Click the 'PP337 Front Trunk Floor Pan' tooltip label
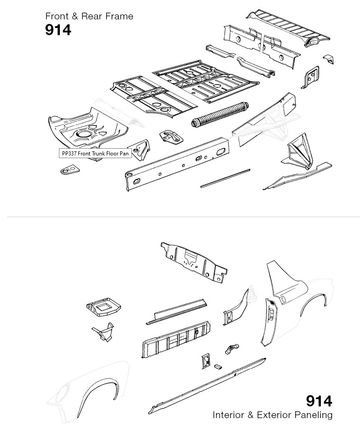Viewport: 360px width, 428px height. [95, 153]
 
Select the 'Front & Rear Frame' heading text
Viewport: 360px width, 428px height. [89, 16]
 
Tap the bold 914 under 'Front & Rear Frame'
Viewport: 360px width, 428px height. [58, 30]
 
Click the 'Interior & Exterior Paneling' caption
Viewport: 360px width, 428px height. [272, 415]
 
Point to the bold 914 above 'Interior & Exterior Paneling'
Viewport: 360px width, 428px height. [319, 401]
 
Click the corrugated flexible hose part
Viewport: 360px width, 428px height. [220, 114]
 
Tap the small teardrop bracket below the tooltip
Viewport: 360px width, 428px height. [70, 169]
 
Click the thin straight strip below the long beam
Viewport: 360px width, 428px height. [225, 178]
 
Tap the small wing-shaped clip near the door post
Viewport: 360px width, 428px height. [232, 349]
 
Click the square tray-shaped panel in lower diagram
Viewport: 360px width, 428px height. [103, 307]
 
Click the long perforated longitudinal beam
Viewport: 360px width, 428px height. [177, 164]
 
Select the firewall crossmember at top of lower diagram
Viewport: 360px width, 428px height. [194, 262]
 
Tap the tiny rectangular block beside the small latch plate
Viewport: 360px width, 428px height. [218, 366]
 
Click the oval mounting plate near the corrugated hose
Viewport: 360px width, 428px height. [171, 137]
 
